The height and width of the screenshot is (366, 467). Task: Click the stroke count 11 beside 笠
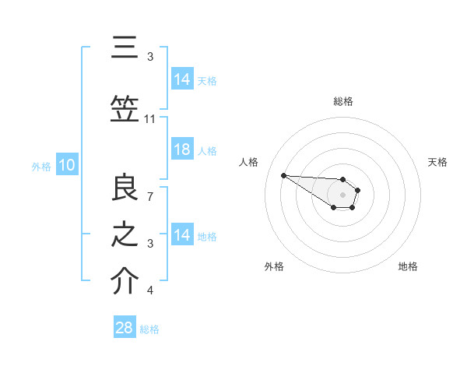(150, 119)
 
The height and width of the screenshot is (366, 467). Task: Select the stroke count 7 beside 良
(150, 196)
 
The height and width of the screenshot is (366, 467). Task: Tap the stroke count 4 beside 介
(150, 290)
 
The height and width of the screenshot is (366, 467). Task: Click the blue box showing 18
(182, 150)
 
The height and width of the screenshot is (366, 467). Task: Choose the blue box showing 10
(66, 165)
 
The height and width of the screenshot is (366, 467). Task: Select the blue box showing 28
(124, 328)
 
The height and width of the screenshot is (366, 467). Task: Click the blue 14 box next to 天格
(182, 79)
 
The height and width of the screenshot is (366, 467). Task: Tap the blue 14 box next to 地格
(182, 235)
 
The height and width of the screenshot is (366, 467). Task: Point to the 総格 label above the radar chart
(343, 101)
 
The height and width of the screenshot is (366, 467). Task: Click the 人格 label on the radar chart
(249, 162)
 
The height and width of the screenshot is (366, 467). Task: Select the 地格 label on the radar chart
(408, 266)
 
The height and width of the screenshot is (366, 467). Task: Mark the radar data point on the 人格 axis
(283, 175)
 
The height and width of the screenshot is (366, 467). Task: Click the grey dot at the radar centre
(342, 194)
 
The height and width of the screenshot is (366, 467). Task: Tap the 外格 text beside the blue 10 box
(40, 166)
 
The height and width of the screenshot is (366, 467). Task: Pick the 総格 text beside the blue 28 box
(149, 329)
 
